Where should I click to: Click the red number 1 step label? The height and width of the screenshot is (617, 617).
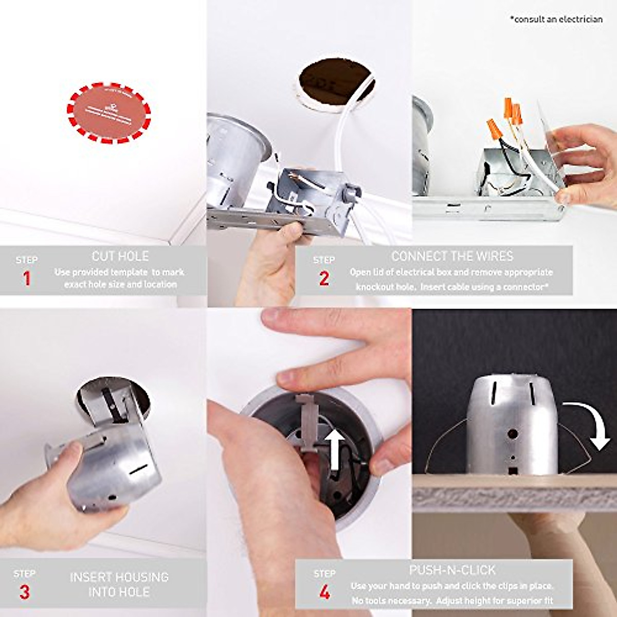[27, 279]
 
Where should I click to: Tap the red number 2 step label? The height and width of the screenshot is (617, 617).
[324, 279]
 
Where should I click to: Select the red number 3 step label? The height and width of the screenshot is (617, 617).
[24, 592]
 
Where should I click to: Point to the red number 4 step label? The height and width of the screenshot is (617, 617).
[324, 593]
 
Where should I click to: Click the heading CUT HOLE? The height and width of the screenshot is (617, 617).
[120, 256]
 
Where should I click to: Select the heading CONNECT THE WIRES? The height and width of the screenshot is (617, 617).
[452, 256]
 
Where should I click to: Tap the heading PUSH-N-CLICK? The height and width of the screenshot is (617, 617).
[452, 570]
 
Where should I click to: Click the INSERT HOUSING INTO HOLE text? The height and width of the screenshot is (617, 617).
[120, 584]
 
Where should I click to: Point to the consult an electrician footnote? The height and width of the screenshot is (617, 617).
[556, 19]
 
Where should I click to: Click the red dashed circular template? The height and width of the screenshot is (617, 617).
[109, 112]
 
